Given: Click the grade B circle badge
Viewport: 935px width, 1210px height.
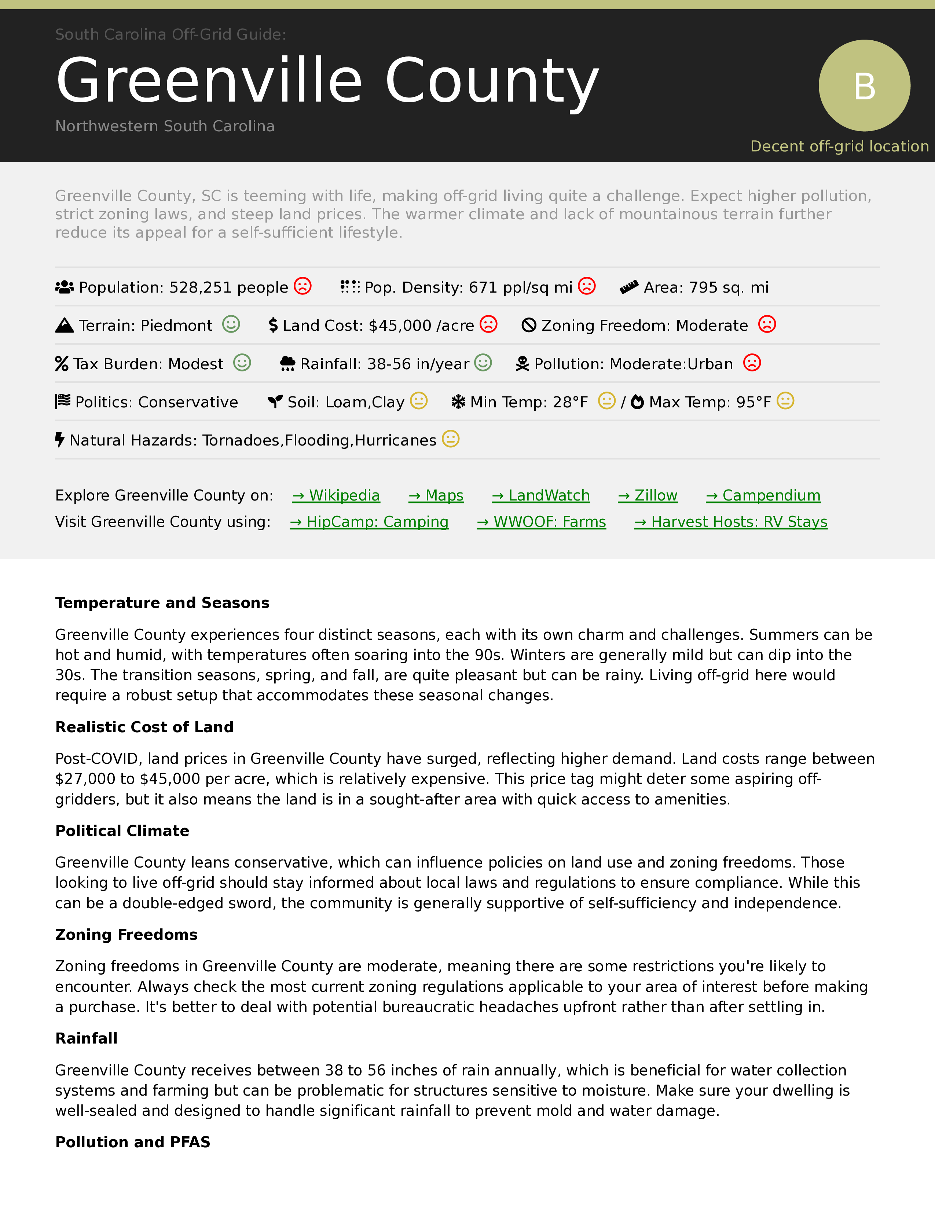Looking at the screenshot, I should pyautogui.click(x=864, y=85).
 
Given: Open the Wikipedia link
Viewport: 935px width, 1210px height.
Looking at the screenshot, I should pyautogui.click(x=336, y=495).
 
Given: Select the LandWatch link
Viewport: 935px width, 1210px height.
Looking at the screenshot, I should pyautogui.click(x=540, y=495).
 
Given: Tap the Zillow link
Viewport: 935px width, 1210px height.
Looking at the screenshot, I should pyautogui.click(x=648, y=495).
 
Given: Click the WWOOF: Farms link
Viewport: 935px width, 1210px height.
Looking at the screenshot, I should pyautogui.click(x=541, y=522).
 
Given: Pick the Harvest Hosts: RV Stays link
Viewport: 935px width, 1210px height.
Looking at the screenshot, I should pyautogui.click(x=731, y=522).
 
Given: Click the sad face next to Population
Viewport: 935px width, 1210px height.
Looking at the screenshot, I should pyautogui.click(x=302, y=286).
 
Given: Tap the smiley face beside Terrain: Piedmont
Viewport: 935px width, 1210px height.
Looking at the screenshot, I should pyautogui.click(x=231, y=324).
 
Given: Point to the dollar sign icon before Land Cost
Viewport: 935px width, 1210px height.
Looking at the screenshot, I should pyautogui.click(x=273, y=325).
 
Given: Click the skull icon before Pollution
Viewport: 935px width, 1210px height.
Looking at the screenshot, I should pyautogui.click(x=522, y=364).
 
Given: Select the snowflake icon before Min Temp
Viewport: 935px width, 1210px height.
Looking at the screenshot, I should pyautogui.click(x=458, y=401).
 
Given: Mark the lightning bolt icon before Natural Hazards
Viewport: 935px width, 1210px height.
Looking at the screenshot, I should pyautogui.click(x=60, y=440).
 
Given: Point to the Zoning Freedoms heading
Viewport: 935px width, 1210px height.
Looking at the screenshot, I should pyautogui.click(x=126, y=935).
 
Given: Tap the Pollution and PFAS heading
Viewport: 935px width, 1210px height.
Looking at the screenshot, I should pyautogui.click(x=133, y=1143).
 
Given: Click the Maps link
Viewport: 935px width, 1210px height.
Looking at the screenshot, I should pyautogui.click(x=436, y=495).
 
